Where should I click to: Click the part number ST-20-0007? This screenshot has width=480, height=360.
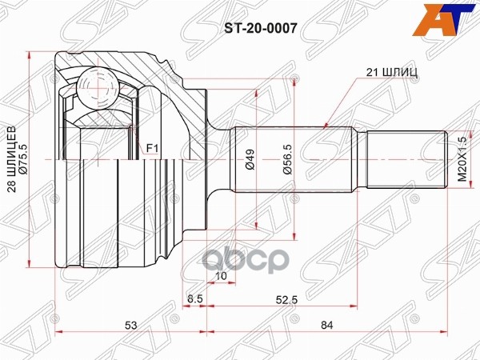pyautogui.click(x=261, y=29)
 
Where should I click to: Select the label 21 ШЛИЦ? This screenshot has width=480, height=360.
pyautogui.click(x=392, y=72)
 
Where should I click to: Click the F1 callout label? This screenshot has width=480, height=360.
pyautogui.click(x=152, y=149)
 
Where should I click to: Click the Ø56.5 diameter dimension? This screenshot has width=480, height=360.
pyautogui.click(x=288, y=159)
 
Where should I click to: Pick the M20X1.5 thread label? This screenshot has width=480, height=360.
pyautogui.click(x=462, y=159)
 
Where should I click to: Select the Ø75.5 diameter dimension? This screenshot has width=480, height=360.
pyautogui.click(x=23, y=159)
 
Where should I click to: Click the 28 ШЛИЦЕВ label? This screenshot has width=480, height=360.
pyautogui.click(x=12, y=159)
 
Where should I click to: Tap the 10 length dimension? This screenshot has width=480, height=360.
pyautogui.click(x=221, y=276)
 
